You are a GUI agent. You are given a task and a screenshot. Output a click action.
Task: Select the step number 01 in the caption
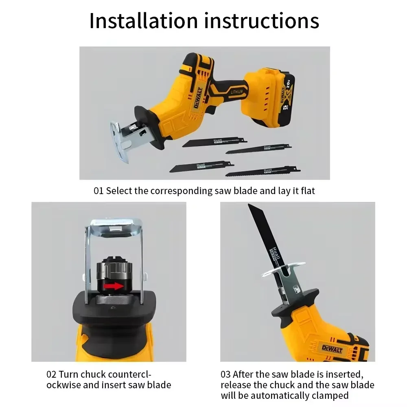coord(98,190)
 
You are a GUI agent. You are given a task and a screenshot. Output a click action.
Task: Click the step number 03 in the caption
coord(226,374)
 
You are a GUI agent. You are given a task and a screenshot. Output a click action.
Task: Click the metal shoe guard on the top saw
coord(119,141)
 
